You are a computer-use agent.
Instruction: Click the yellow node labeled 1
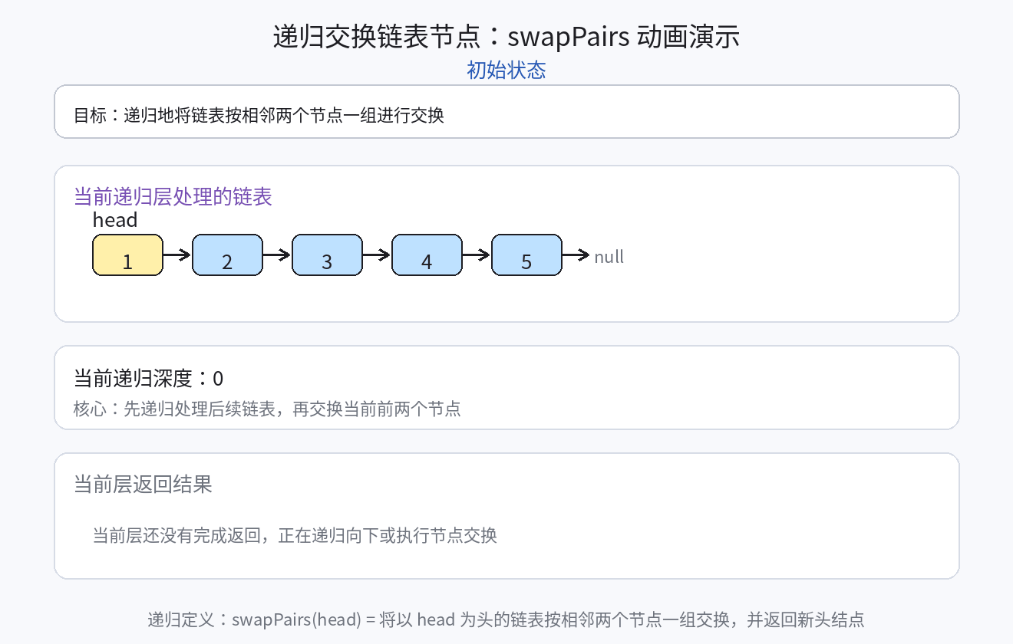pos(127,255)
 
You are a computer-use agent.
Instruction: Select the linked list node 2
pos(227,255)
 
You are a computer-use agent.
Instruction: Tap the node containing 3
pos(327,255)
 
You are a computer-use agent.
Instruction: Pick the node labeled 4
pos(427,255)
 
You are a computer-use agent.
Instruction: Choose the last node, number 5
pos(526,255)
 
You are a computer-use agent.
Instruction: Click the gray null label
pos(609,257)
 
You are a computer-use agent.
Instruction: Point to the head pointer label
pos(115,220)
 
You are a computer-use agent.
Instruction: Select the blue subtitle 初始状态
pos(506,71)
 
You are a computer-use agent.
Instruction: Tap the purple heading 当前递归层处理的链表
pos(173,197)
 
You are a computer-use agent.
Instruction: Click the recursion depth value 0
pos(218,379)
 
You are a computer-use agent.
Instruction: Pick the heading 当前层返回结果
pos(143,485)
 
